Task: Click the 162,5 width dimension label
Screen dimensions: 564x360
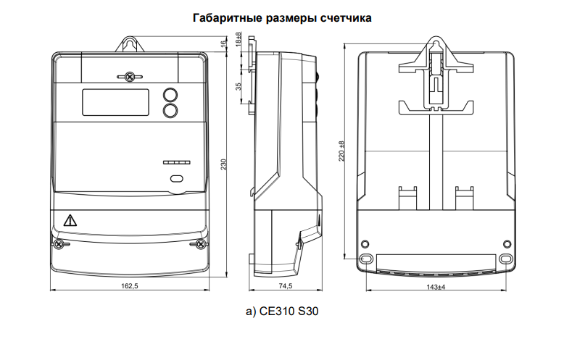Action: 130,286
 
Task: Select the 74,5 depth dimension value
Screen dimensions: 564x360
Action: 285,286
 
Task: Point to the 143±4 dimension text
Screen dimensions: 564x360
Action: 436,287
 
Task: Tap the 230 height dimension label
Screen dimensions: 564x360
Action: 224,164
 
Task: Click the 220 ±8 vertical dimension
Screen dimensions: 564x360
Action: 341,151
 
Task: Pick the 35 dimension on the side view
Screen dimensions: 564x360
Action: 238,87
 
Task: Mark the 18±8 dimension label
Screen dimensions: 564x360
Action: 238,39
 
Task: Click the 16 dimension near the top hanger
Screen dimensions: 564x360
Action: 223,44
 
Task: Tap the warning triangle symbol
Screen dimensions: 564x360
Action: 70,220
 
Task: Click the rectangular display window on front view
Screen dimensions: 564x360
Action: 116,102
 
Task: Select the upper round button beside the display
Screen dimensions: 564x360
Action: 170,95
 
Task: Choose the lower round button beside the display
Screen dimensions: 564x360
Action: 170,111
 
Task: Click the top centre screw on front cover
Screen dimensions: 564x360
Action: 130,77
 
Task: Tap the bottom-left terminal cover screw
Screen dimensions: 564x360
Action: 59,244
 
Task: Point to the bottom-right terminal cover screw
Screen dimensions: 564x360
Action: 199,244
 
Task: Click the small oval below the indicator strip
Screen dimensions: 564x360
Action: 176,179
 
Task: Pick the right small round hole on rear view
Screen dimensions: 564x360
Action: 507,244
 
